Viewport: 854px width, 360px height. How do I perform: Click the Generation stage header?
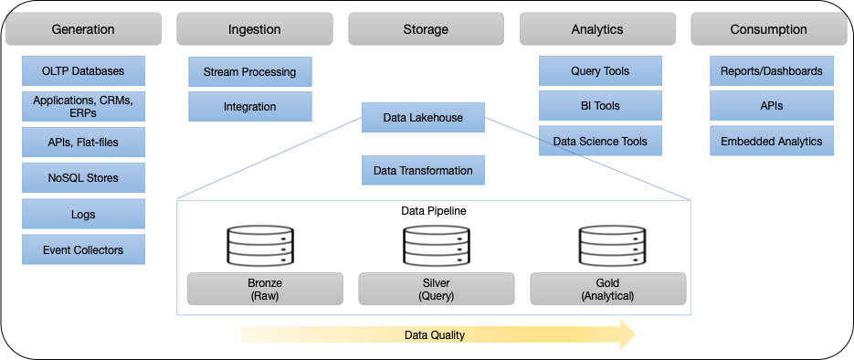point(83,29)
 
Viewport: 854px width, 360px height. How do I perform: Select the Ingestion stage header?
point(254,29)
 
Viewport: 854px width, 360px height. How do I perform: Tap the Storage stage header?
point(426,29)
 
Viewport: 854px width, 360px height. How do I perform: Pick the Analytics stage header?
point(597,29)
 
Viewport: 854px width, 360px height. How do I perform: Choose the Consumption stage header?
point(769,29)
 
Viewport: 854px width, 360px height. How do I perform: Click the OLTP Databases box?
point(83,71)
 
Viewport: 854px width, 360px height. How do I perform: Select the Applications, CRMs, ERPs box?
point(83,107)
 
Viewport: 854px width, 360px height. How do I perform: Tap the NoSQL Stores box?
point(83,177)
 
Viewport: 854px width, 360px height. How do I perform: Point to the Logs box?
point(83,214)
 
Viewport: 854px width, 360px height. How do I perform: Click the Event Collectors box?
point(83,249)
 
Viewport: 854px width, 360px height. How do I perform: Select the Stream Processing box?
point(249,71)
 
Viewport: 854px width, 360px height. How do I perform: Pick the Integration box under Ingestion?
point(249,107)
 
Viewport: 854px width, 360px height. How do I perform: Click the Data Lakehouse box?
point(423,118)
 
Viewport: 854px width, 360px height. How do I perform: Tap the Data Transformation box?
point(423,171)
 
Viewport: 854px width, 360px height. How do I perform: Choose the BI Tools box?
point(600,106)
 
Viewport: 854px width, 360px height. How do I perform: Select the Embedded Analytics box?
point(772,142)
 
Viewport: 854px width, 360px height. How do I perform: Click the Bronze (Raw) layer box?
point(266,289)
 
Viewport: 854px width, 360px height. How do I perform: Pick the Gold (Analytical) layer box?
point(608,289)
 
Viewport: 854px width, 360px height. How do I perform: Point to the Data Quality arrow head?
point(627,334)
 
